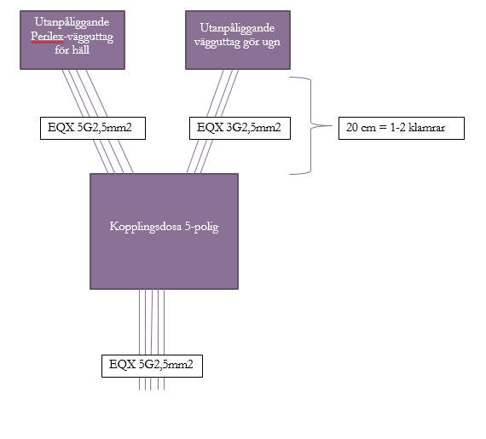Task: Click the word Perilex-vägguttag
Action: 72,38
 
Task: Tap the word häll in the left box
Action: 81,50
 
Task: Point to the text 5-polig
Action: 202,227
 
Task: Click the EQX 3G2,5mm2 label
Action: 240,128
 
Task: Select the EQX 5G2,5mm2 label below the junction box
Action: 152,366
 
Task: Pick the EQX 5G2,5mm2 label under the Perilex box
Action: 93,128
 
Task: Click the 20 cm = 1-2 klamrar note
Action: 402,128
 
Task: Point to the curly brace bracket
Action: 310,125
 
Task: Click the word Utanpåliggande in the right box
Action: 237,28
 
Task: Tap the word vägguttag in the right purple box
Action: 217,43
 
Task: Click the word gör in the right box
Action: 251,43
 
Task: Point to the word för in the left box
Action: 62,50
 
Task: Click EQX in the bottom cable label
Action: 122,365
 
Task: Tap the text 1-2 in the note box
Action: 397,127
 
